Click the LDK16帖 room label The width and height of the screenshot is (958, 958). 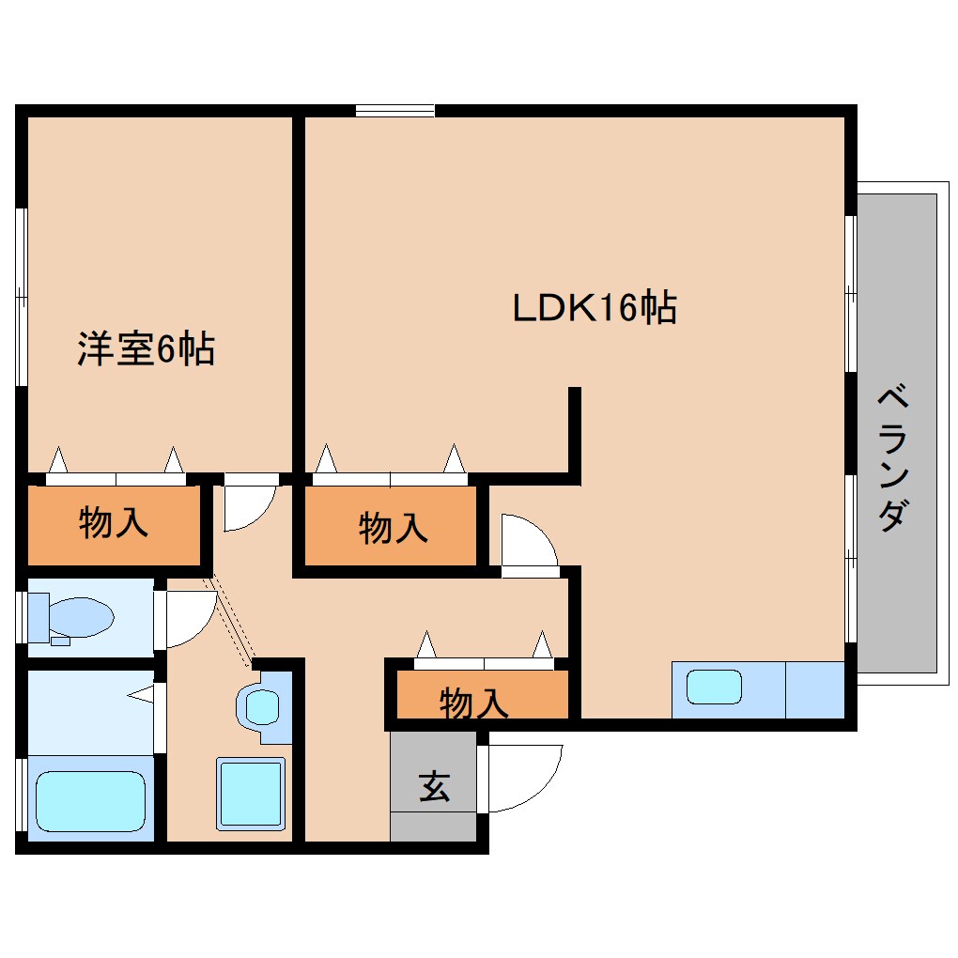pos(594,308)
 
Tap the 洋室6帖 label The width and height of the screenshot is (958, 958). pos(146,349)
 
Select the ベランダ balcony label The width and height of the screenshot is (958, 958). pos(893,458)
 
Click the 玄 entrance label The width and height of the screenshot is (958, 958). pos(433,785)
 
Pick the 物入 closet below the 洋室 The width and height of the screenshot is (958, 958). pos(113,524)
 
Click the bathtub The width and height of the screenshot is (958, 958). pos(90,801)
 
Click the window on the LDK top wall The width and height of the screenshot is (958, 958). pos(394,111)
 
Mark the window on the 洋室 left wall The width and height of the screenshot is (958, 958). pos(21,297)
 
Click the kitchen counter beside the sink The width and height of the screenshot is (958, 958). pos(814,689)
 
